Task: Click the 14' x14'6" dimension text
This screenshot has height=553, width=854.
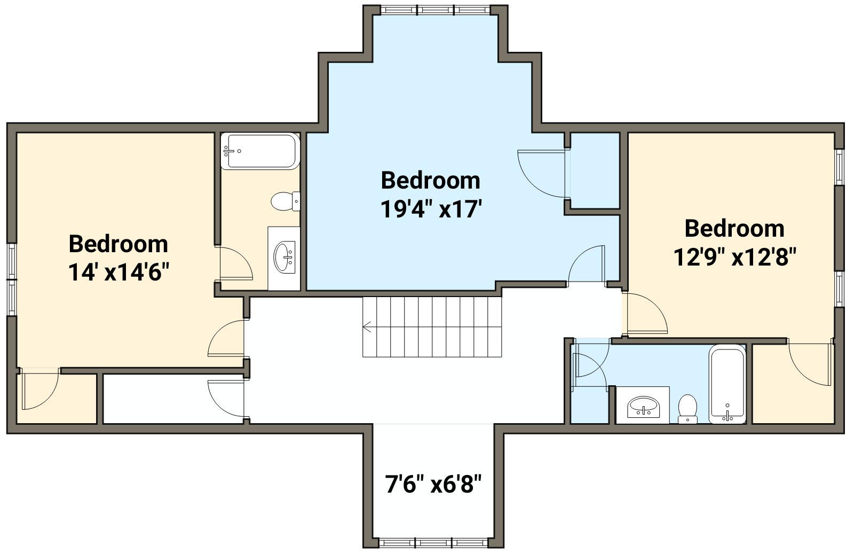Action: [x=118, y=273]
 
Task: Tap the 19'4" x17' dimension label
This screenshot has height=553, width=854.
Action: [x=431, y=209]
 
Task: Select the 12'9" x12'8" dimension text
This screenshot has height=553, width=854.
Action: [x=734, y=257]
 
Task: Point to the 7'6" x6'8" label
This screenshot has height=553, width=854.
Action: [x=433, y=484]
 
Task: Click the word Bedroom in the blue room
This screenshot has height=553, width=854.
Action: [x=430, y=181]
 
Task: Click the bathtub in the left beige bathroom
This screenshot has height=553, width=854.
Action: [x=260, y=151]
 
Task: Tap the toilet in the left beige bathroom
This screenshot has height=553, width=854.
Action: [x=285, y=201]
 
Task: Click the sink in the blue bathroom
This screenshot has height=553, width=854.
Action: [x=643, y=407]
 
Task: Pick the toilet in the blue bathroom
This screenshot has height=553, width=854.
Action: [x=688, y=409]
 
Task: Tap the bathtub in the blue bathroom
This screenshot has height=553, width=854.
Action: [x=727, y=384]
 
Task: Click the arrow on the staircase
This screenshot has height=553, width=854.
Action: [x=367, y=327]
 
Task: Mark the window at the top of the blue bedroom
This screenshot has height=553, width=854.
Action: [x=436, y=10]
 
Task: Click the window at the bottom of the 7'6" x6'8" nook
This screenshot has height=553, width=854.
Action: [x=433, y=543]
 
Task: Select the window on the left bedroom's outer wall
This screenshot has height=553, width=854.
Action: [x=12, y=280]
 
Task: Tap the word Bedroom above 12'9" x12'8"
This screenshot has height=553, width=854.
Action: [x=734, y=228]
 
